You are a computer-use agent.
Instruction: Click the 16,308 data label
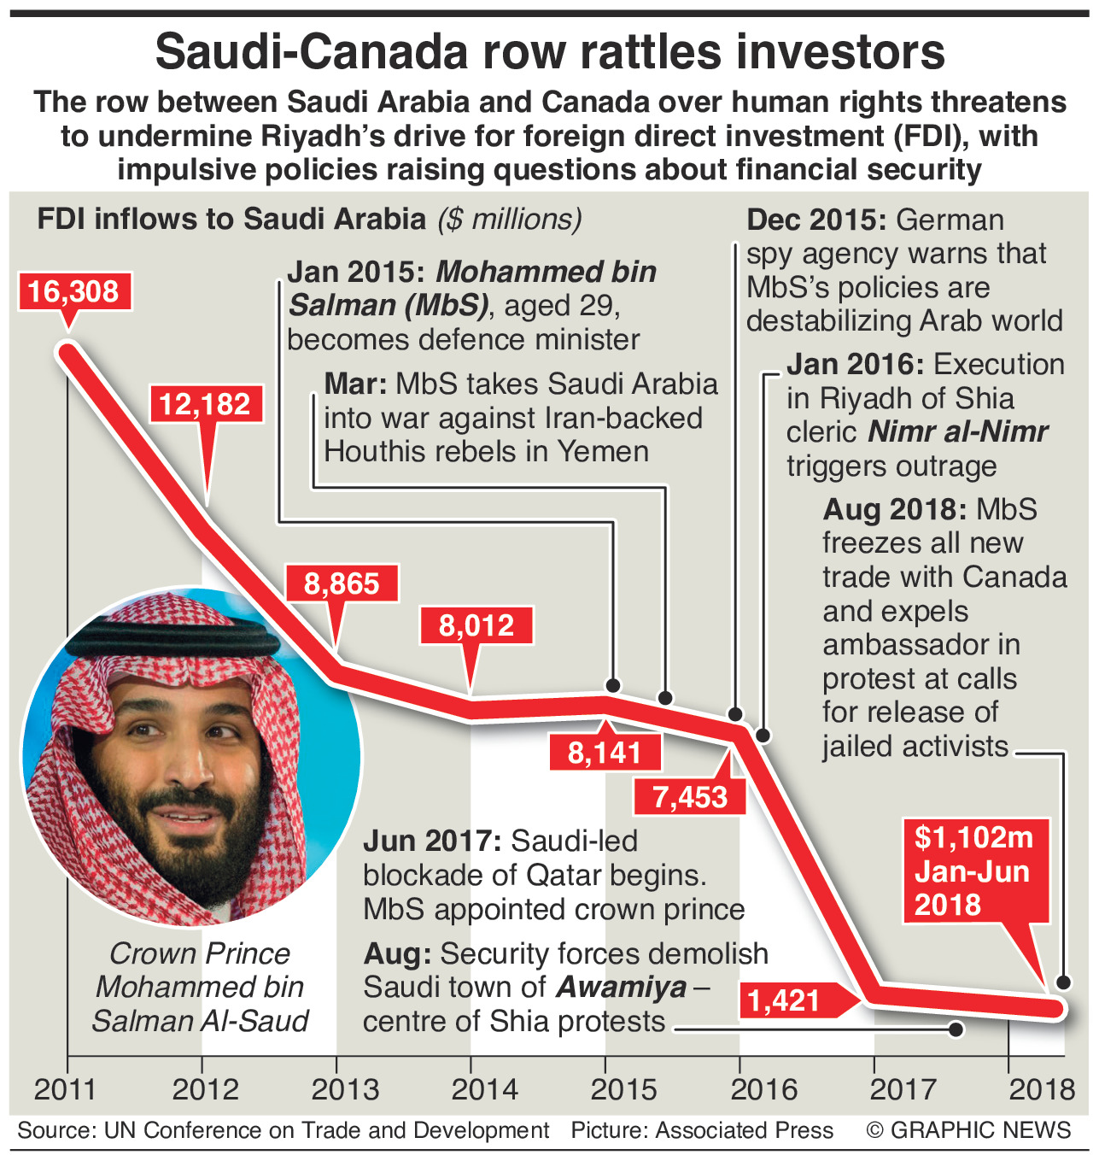(x=73, y=291)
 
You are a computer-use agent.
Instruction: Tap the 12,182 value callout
(x=205, y=403)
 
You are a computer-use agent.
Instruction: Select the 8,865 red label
(x=342, y=583)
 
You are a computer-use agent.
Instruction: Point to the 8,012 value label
(x=476, y=625)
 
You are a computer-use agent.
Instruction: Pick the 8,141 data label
(x=605, y=752)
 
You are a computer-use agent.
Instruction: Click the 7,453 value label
(x=690, y=797)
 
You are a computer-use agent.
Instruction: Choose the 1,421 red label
(x=783, y=1000)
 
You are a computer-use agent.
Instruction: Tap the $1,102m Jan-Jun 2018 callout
(x=974, y=871)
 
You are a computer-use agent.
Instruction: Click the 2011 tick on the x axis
(x=65, y=1089)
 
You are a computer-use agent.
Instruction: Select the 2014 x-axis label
(x=484, y=1089)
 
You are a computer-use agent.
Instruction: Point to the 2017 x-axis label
(x=903, y=1089)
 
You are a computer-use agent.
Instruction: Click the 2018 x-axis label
(x=1042, y=1089)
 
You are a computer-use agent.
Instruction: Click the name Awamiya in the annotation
(x=622, y=988)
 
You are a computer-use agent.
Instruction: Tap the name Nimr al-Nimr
(x=957, y=432)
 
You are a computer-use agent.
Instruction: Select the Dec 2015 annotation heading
(x=815, y=220)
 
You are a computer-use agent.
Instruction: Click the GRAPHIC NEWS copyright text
(x=968, y=1130)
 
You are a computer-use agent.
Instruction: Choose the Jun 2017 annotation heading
(x=431, y=841)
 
